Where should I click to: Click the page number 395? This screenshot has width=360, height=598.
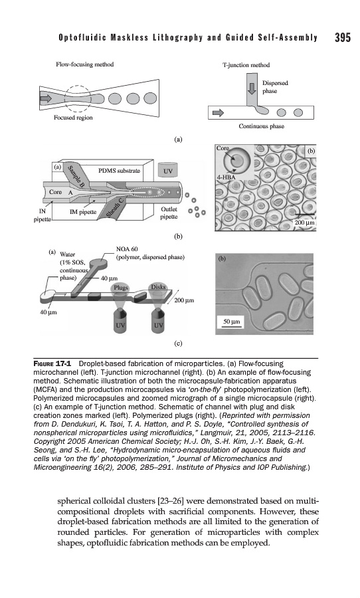click(343, 37)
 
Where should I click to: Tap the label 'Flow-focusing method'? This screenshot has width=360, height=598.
click(84, 64)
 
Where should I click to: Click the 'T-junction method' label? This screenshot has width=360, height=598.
click(246, 65)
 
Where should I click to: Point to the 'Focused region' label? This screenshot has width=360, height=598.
click(73, 118)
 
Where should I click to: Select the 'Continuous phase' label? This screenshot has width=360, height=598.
click(261, 126)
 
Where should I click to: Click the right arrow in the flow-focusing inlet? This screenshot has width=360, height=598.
click(46, 98)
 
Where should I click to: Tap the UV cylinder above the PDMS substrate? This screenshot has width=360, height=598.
click(168, 170)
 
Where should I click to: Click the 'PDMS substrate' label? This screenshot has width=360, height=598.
click(119, 171)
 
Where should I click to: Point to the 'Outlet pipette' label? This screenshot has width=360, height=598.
click(169, 213)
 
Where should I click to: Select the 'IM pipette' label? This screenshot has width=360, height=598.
click(83, 212)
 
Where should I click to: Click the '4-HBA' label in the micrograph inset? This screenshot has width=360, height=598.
click(226, 177)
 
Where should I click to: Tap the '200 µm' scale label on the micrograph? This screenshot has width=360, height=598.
click(304, 223)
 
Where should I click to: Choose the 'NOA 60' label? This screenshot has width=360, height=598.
click(127, 249)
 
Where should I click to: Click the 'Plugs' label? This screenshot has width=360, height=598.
click(120, 287)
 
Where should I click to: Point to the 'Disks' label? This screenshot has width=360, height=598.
click(158, 286)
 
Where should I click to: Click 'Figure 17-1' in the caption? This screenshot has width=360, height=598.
click(53, 363)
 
